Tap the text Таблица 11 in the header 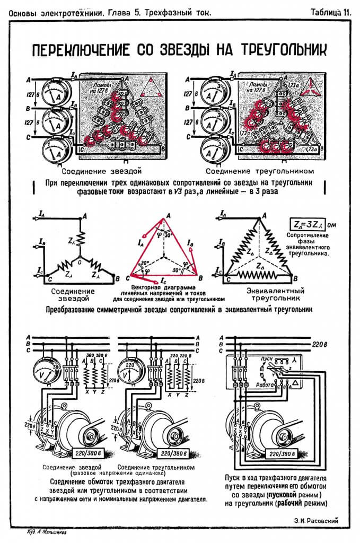pos(330,12)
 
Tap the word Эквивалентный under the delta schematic pos(276,291)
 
